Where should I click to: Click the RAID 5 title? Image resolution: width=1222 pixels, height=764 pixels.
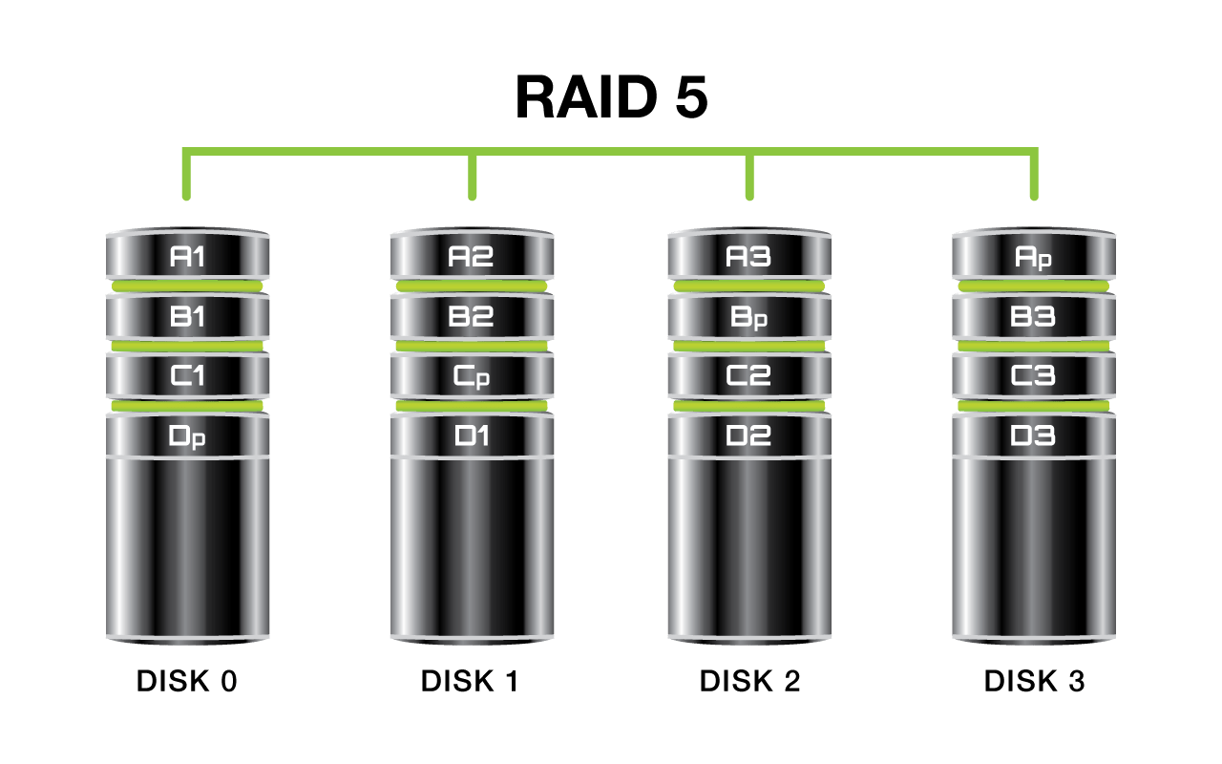(x=612, y=97)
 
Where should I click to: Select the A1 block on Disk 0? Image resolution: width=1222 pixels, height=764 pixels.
(x=187, y=254)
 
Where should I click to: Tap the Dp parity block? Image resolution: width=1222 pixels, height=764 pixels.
(x=187, y=435)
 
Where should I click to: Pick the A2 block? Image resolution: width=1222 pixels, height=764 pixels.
(x=472, y=254)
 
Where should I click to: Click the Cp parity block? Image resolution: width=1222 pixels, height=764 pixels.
(x=472, y=375)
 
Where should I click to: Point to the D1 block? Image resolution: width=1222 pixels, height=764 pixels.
(x=472, y=435)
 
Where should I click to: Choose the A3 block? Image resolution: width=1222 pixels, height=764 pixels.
(x=749, y=254)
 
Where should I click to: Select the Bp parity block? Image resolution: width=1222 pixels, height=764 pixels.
(x=749, y=316)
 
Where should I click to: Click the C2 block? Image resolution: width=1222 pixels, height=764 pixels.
(x=749, y=375)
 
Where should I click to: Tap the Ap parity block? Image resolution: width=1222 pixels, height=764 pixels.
(x=1034, y=254)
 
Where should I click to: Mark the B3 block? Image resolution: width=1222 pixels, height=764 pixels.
(x=1034, y=316)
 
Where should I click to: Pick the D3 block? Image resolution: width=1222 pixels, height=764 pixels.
(x=1034, y=435)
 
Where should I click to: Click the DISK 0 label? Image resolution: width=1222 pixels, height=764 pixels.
(x=186, y=681)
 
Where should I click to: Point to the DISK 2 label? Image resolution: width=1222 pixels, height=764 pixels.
(x=749, y=681)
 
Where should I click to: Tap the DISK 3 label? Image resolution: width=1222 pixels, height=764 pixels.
(x=1034, y=681)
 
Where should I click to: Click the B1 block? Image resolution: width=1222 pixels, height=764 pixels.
(x=187, y=316)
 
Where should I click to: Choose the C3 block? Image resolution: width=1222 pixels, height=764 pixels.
(x=1034, y=375)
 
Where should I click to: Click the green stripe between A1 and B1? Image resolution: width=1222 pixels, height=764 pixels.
(x=187, y=286)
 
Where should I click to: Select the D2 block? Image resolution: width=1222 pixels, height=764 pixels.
(x=749, y=435)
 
